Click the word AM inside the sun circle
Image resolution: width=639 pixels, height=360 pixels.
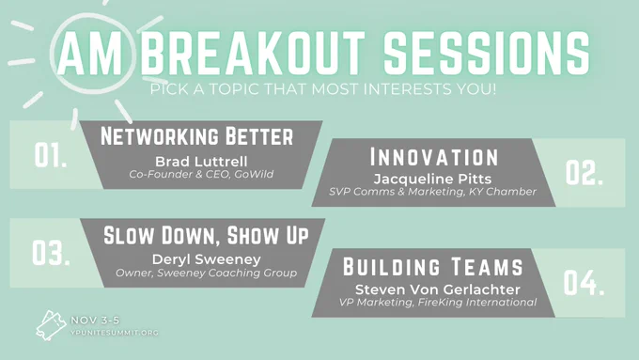click(x=90, y=53)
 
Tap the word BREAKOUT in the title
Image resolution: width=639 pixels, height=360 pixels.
click(x=252, y=53)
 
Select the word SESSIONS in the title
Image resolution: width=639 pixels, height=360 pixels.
click(x=487, y=53)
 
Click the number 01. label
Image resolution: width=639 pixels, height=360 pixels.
click(x=51, y=155)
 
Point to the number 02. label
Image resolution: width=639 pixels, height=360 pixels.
click(x=584, y=172)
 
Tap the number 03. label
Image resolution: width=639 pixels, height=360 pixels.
click(x=51, y=253)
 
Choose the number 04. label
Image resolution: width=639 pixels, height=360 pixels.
click(x=584, y=283)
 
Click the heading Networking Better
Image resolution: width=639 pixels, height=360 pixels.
click(x=196, y=136)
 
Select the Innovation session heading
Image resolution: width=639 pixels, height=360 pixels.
click(x=434, y=157)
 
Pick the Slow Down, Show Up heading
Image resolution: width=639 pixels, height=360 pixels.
click(x=206, y=235)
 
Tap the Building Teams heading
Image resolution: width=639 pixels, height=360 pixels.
click(x=433, y=267)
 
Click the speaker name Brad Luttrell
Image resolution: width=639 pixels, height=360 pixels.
click(x=201, y=162)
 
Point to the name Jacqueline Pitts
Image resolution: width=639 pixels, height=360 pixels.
click(x=432, y=179)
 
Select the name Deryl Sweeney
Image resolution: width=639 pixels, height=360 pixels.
click(x=206, y=259)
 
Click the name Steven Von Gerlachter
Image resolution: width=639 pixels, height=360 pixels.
click(x=438, y=290)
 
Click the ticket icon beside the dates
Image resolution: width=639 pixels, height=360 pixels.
click(x=51, y=325)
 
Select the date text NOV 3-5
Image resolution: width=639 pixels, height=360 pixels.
click(x=95, y=321)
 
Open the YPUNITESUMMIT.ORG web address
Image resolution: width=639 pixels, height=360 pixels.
click(x=115, y=333)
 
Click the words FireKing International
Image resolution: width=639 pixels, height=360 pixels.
click(x=477, y=302)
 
